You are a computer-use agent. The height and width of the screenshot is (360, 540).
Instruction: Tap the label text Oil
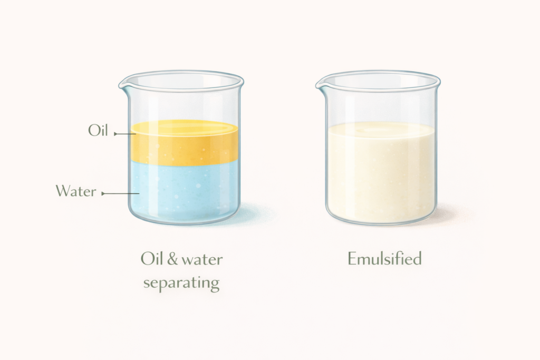click(x=98, y=131)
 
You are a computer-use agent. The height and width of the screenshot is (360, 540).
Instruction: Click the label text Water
click(x=76, y=191)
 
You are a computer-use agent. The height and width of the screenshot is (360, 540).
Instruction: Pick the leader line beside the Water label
click(x=120, y=194)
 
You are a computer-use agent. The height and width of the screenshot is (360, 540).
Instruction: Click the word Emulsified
click(x=384, y=259)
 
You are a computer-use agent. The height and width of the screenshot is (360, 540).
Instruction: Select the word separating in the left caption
click(x=181, y=283)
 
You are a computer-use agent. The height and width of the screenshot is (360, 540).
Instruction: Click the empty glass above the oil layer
click(x=185, y=103)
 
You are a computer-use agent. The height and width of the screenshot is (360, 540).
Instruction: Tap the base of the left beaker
click(x=185, y=220)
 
